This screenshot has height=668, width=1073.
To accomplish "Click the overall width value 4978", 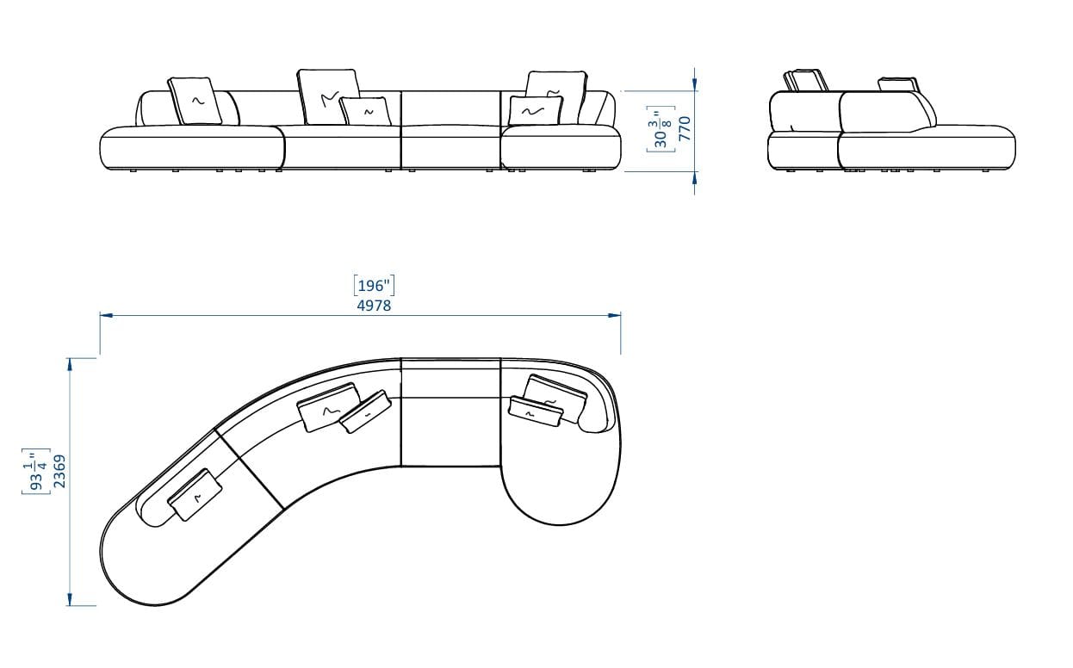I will point(374,305).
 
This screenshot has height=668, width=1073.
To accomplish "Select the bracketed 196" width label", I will point(374,286).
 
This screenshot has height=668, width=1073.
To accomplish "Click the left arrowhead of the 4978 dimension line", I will point(105,316).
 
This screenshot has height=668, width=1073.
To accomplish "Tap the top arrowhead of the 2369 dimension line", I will point(70,364).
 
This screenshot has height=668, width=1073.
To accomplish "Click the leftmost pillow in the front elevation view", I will point(195,101).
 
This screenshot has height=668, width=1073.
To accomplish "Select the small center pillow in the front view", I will point(365,111).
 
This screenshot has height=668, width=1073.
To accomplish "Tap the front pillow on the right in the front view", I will point(535,111).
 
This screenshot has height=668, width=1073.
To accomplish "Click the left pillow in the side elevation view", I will point(806,81).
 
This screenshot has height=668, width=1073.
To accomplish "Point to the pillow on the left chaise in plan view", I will point(195,495).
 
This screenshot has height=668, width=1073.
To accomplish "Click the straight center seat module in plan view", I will point(451,413).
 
